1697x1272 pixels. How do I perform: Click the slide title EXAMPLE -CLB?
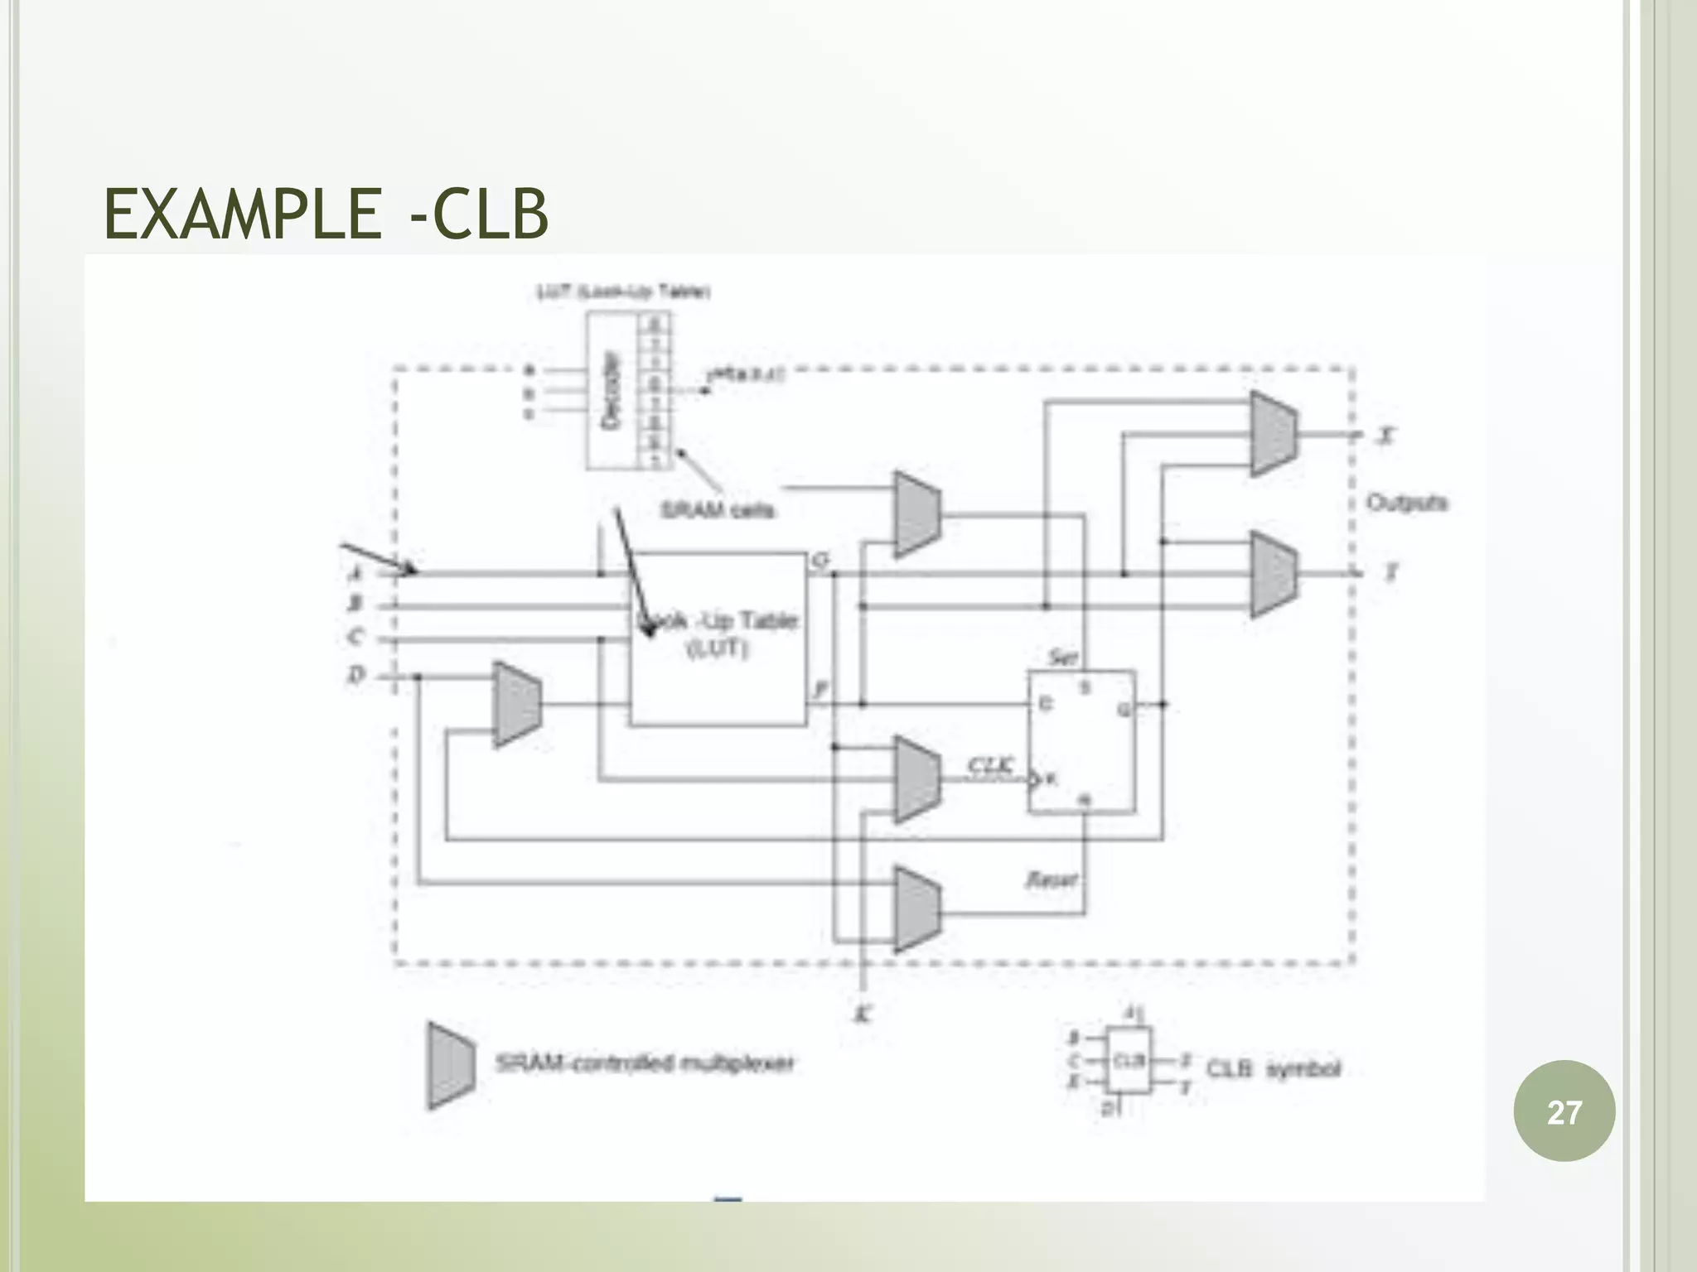326,214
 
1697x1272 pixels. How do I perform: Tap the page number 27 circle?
1564,1111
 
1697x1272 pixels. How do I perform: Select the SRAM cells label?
718,509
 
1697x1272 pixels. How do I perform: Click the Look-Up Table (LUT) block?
718,638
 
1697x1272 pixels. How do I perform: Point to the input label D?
355,676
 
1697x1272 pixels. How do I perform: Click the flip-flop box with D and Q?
1081,742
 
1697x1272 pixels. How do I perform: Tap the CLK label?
990,765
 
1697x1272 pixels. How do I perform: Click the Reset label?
1052,879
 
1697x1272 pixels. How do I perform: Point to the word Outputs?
1406,503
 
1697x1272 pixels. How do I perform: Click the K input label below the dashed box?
862,1014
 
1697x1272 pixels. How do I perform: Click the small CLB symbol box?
1129,1061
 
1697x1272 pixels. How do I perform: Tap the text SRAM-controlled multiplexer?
645,1063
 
